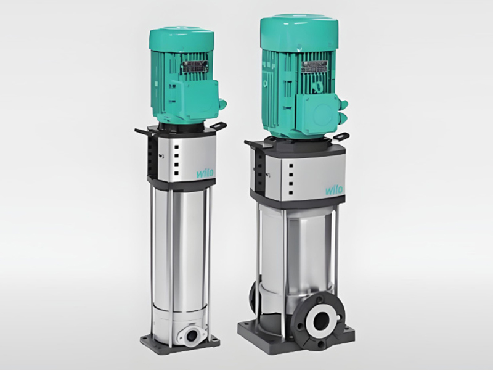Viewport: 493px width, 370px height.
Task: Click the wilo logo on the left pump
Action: click(x=205, y=173)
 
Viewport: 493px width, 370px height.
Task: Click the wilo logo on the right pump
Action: click(x=334, y=190)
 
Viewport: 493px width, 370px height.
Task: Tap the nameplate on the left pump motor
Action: click(x=192, y=67)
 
